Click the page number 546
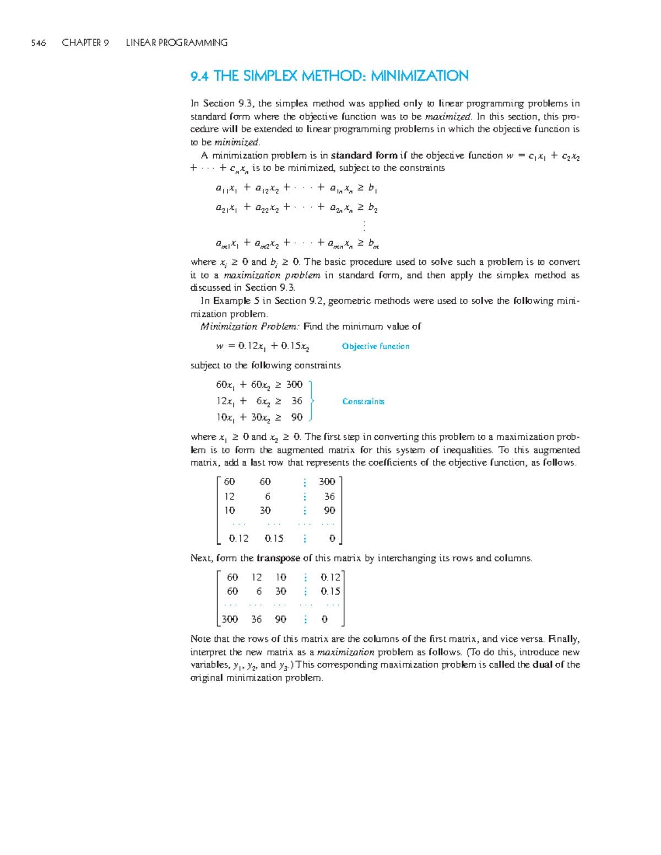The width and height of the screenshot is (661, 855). tap(39, 43)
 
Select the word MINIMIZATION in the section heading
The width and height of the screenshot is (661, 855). tap(419, 76)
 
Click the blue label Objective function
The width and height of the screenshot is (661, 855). tap(375, 346)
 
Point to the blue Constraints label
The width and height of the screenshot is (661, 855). tap(363, 401)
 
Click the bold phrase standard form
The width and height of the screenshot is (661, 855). tap(364, 156)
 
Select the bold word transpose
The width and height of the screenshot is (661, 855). tap(278, 558)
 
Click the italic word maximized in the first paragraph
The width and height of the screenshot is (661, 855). tap(448, 117)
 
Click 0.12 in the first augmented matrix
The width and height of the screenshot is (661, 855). tap(239, 538)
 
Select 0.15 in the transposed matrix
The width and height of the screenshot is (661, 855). tap(330, 591)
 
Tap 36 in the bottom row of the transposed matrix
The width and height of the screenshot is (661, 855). tap(256, 619)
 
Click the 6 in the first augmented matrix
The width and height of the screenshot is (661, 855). tap(267, 497)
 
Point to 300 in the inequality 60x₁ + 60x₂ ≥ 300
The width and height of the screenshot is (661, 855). tap(294, 385)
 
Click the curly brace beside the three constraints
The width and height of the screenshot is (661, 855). tap(311, 401)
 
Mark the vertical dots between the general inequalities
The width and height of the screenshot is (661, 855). tap(364, 226)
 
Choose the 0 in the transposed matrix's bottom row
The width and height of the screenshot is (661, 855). tap(324, 619)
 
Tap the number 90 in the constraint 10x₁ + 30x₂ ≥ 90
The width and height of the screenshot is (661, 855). tap(297, 417)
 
